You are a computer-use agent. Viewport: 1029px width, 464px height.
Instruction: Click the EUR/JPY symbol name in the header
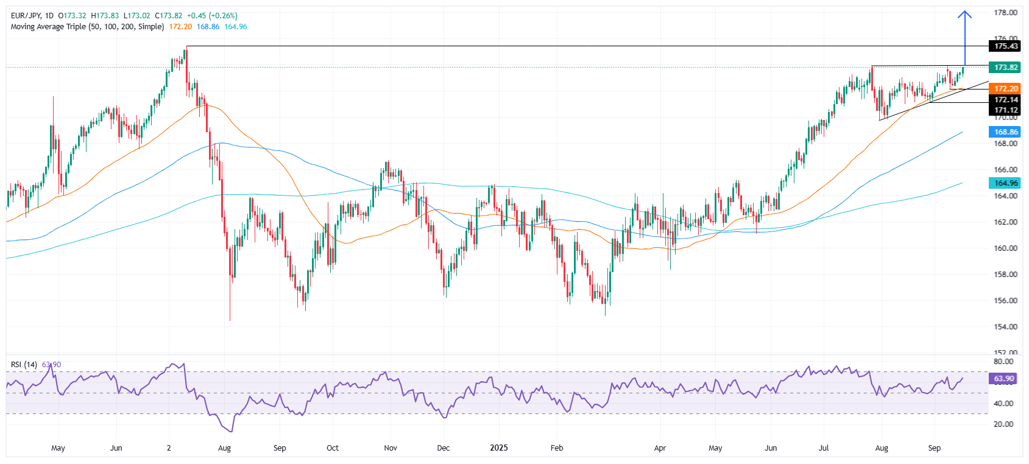click(x=25, y=16)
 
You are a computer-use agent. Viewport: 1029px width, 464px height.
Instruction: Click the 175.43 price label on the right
click(x=1005, y=46)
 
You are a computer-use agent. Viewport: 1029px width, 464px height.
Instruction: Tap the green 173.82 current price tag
click(x=1005, y=68)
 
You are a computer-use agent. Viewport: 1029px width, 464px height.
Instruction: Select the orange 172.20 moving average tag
click(x=1005, y=89)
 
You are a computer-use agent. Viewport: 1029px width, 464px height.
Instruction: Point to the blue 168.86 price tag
click(x=1005, y=132)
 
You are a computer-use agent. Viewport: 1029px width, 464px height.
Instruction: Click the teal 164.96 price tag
click(x=1005, y=183)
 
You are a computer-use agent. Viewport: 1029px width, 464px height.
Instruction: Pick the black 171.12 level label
click(x=1005, y=110)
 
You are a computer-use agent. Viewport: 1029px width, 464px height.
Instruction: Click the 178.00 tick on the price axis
click(x=1005, y=13)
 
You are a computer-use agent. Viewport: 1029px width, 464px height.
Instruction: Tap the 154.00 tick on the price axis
click(x=1005, y=327)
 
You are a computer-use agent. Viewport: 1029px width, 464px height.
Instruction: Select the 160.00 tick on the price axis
click(x=1005, y=248)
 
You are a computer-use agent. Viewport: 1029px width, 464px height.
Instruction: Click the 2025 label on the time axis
click(x=499, y=448)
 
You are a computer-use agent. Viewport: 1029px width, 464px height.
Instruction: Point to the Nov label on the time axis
click(x=391, y=448)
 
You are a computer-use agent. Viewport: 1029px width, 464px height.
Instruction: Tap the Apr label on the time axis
click(x=660, y=448)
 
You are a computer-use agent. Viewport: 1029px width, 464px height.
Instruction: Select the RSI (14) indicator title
click(x=24, y=365)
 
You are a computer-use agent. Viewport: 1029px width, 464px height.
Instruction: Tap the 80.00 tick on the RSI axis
click(x=1003, y=362)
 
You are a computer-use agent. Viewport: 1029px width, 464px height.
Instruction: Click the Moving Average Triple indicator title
click(x=87, y=27)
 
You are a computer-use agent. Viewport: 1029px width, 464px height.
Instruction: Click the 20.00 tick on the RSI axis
click(x=1003, y=424)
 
